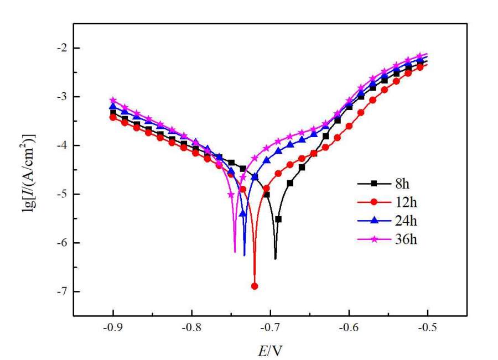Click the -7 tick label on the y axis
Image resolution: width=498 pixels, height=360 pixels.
point(60,291)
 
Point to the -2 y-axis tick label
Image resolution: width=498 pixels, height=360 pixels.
point(60,48)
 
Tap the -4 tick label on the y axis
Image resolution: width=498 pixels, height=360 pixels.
point(60,145)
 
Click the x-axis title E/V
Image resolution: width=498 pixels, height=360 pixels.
point(272,349)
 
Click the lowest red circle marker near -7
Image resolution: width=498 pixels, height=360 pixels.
point(255,286)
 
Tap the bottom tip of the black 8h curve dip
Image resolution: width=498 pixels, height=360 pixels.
point(275,258)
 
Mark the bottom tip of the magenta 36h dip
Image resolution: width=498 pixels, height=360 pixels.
point(235,252)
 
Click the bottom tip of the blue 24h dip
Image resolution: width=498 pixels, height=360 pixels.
point(245,255)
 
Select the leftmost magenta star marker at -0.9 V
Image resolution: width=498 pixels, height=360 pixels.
point(113,100)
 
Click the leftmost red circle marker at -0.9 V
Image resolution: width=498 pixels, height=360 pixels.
point(113,117)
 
